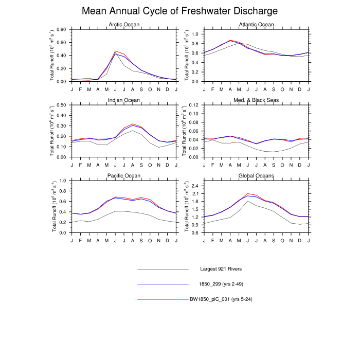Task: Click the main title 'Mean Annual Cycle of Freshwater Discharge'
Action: [x=180, y=11]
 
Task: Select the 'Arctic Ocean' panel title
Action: [x=124, y=25]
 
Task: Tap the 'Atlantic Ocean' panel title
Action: [x=257, y=25]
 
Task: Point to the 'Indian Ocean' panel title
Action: [x=124, y=100]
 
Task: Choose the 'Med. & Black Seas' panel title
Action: [x=257, y=100]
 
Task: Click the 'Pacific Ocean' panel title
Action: [x=124, y=175]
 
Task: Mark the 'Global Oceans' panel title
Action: [x=257, y=175]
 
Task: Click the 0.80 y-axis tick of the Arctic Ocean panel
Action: [x=61, y=29]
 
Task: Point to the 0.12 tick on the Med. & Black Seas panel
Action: [x=193, y=105]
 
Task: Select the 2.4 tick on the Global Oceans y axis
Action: [x=195, y=185]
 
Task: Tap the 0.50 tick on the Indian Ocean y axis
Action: [x=61, y=105]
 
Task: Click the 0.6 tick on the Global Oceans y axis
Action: [x=195, y=232]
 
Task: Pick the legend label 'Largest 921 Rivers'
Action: [x=221, y=269]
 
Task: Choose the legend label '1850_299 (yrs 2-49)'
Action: [x=221, y=284]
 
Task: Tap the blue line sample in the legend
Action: [x=163, y=284]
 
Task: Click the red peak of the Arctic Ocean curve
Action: [x=115, y=51]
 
